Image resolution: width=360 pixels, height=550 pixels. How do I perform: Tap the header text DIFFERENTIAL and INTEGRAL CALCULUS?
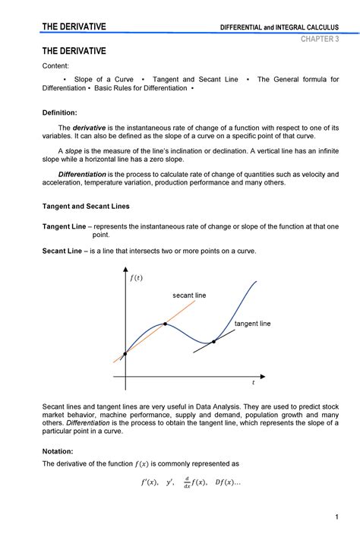(279, 28)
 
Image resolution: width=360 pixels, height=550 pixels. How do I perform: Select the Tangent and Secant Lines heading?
(85, 206)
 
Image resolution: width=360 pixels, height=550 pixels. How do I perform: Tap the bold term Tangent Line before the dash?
(64, 226)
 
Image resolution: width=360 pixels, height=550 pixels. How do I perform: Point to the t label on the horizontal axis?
(254, 384)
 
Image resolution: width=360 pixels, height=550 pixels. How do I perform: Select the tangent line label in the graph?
(252, 324)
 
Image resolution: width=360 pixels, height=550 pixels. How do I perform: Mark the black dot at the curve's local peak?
(166, 324)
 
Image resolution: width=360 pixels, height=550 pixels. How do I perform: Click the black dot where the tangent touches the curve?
(213, 341)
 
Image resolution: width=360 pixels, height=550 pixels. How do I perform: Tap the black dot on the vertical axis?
(125, 352)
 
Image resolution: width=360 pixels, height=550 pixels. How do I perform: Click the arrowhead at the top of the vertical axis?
(125, 271)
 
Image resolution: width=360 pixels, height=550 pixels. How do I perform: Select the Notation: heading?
(58, 450)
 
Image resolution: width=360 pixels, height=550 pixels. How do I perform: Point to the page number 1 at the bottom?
(335, 517)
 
